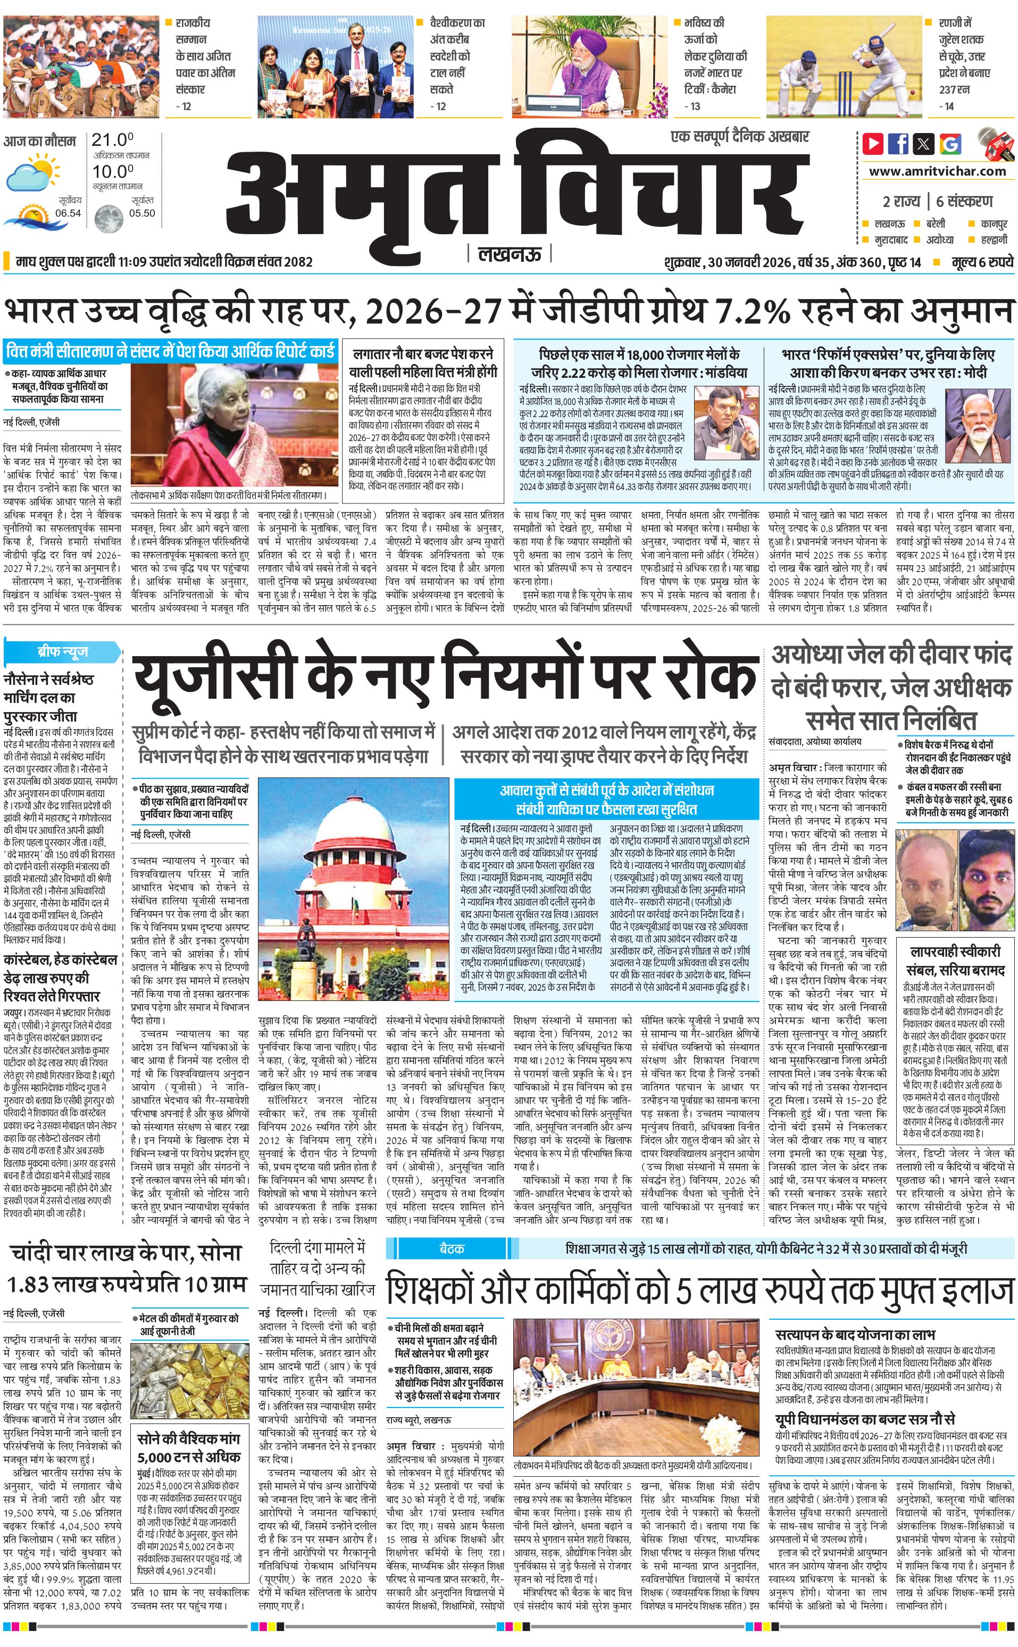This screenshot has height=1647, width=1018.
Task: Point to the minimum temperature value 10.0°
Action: click(x=112, y=171)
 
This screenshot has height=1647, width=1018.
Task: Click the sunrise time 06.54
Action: click(x=68, y=213)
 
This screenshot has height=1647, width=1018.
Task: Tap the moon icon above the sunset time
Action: click(x=108, y=218)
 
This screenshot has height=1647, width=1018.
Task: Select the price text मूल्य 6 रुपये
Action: click(x=982, y=262)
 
